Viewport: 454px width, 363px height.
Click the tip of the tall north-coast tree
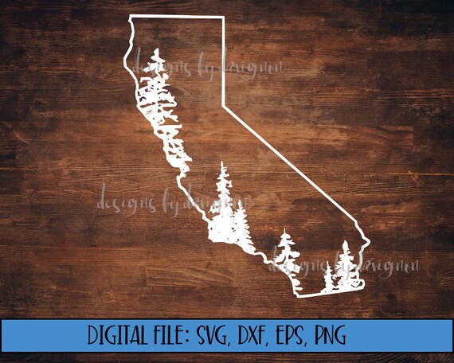[158, 53]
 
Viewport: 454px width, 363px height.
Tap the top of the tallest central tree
[223, 166]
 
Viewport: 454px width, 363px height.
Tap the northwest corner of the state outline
[131, 17]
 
